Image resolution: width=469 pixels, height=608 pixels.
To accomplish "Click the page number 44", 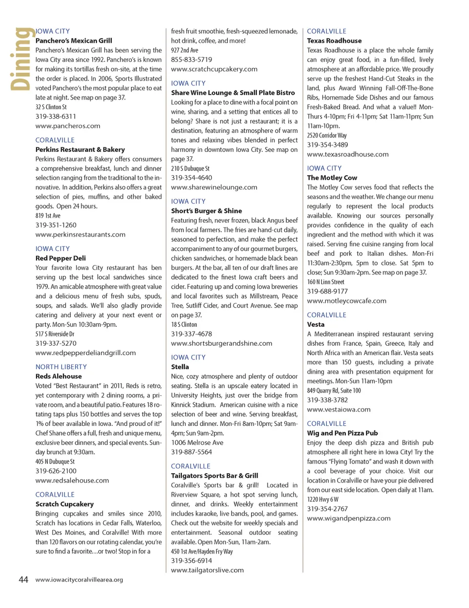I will click(23, 580).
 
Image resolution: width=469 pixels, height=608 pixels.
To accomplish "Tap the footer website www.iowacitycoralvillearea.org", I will click(79, 580).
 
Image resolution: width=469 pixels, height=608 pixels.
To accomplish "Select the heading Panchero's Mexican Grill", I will click(74, 41).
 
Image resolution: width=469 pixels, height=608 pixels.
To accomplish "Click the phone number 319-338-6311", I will click(56, 116).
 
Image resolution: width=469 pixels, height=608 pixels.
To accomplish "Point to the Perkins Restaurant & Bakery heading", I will click(80, 150).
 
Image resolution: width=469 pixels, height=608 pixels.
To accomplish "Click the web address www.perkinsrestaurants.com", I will click(80, 235).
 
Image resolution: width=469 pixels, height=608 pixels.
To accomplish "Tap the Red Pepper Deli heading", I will click(61, 258).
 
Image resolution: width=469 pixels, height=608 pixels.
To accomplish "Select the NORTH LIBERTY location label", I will click(61, 367).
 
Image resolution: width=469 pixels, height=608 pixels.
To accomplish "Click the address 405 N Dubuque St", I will click(55, 461).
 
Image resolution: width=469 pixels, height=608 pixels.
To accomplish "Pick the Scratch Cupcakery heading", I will click(64, 504).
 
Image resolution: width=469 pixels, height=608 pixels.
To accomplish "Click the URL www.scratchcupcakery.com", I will click(214, 69).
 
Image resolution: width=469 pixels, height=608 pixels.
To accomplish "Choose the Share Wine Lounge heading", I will click(233, 93).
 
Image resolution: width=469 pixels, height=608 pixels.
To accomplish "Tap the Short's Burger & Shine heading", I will click(206, 211).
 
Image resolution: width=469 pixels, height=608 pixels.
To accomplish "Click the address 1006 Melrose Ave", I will click(197, 442).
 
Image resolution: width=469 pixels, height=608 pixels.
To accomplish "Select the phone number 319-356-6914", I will click(192, 561).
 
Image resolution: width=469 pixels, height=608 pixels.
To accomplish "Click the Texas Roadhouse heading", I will click(334, 41).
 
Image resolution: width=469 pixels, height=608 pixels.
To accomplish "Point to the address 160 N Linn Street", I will click(325, 282).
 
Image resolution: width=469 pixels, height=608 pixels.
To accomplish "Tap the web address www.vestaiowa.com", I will click(339, 410).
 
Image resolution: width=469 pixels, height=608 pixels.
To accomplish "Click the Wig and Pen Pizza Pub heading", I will click(342, 433).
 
